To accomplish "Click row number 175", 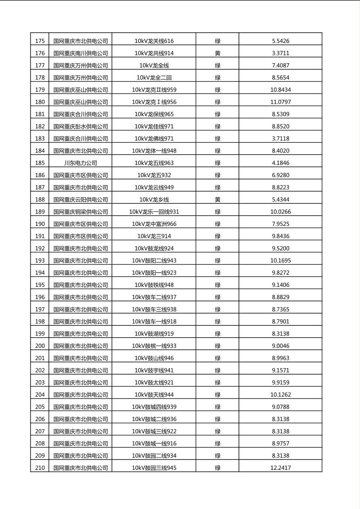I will [40, 41].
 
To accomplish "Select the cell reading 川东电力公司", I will [81, 163].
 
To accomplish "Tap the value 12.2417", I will [280, 468].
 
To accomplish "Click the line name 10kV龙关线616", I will [154, 41].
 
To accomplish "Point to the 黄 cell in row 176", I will [218, 53].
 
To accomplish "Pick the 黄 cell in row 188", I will [218, 200].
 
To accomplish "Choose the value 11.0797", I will [280, 102].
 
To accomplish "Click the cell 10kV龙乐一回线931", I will [154, 212].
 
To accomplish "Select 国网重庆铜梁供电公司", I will [81, 212].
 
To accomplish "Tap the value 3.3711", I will [280, 53].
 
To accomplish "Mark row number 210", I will [40, 468].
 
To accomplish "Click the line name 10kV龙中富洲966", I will [154, 224].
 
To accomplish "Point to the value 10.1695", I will [280, 261].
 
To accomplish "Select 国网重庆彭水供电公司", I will [81, 126].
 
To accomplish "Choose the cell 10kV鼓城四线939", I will [154, 407].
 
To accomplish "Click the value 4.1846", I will [280, 163].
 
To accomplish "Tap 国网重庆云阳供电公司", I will [81, 200].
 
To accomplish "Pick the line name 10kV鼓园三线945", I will [154, 468].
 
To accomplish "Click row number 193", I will [40, 261].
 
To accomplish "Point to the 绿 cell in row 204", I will [218, 395].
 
